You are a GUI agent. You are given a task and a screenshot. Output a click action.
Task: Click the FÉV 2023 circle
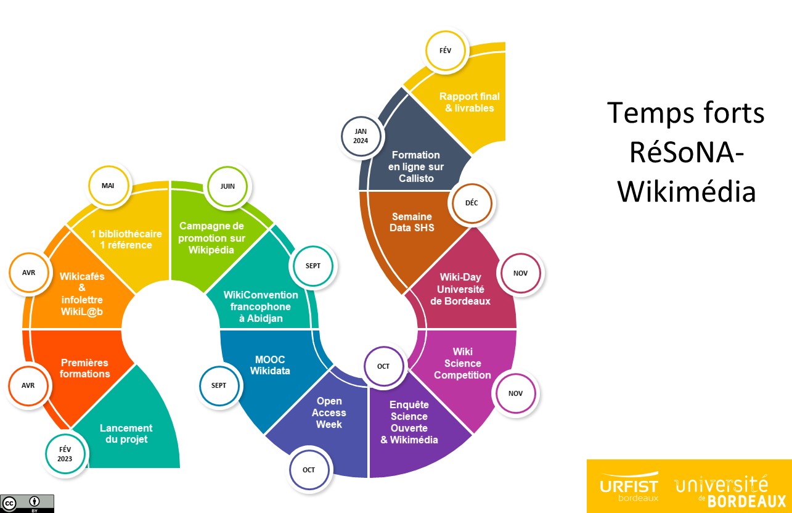click(65, 454)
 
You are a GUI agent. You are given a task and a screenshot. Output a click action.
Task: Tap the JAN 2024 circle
click(361, 136)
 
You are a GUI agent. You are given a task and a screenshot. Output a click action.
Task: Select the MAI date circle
click(108, 186)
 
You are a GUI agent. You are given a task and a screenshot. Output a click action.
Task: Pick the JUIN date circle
click(227, 186)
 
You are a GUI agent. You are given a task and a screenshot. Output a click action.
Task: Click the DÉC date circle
click(472, 203)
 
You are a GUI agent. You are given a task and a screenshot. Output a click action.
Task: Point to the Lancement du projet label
click(126, 433)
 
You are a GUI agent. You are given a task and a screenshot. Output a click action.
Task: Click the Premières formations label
click(85, 368)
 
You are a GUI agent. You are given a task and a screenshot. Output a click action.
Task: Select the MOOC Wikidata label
click(270, 365)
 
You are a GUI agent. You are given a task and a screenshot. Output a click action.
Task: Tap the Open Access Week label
click(329, 413)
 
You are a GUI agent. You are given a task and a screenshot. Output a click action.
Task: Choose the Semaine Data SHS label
click(412, 222)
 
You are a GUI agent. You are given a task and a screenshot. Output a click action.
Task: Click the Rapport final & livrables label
click(470, 102)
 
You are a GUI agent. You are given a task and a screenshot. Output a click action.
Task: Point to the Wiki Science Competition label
click(462, 363)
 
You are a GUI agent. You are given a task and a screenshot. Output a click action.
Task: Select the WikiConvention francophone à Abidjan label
click(261, 306)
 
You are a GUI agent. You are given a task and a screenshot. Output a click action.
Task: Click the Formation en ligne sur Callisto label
click(416, 166)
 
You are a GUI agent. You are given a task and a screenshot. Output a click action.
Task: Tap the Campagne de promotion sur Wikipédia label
click(211, 238)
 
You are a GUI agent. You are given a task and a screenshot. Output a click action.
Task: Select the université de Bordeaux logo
click(730, 491)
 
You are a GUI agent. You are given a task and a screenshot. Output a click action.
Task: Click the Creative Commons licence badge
click(27, 504)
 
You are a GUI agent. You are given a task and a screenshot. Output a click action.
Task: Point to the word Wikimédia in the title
click(687, 192)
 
